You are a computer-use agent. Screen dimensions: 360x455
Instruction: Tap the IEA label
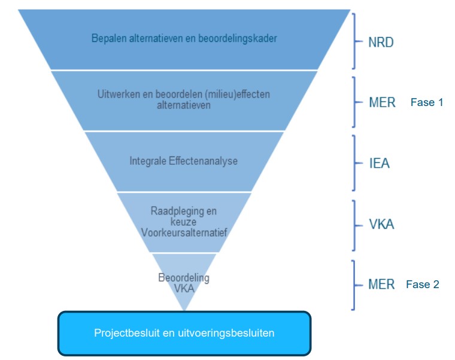coord(380,162)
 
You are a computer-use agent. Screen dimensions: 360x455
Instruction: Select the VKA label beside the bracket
coord(382,225)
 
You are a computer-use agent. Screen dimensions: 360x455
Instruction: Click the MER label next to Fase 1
coord(383,102)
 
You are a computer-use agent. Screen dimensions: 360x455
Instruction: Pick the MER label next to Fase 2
coord(382,284)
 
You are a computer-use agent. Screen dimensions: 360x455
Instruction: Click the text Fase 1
coord(427,102)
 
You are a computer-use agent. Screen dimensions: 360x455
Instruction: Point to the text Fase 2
coord(423,284)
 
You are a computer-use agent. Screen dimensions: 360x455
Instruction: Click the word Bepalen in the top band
coord(108,39)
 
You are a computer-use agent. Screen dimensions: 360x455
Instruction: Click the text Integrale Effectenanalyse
coord(183,161)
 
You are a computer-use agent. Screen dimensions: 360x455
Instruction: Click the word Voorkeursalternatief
coord(184,232)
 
